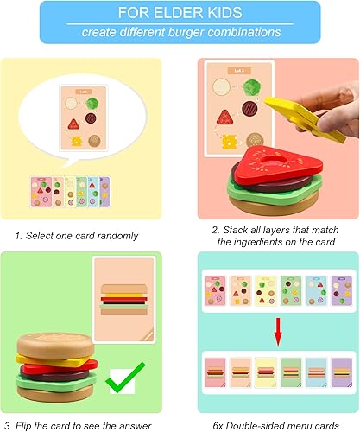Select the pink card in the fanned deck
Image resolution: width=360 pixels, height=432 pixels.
[x=41, y=189]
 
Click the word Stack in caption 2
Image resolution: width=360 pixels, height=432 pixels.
[x=239, y=230]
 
